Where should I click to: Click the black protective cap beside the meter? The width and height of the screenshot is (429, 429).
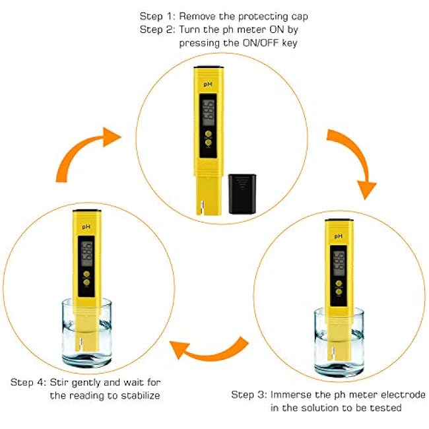(x=242, y=193)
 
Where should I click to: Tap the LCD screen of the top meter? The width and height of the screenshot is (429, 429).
(x=209, y=113)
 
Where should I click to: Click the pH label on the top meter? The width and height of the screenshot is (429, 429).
(x=208, y=84)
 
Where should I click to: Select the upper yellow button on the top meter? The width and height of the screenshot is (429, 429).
(x=209, y=134)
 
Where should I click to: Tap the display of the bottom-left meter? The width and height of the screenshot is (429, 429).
(x=86, y=254)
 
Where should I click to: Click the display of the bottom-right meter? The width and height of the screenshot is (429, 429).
(x=339, y=263)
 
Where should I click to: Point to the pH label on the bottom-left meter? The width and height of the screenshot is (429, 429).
(x=86, y=227)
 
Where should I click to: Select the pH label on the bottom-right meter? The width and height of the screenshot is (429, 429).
(x=339, y=236)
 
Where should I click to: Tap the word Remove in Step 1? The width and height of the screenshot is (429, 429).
(x=197, y=16)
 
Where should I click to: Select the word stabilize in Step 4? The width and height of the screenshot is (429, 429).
(x=141, y=395)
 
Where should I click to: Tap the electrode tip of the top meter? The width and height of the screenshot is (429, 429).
(x=202, y=208)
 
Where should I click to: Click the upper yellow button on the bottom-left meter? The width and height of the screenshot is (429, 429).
(x=86, y=274)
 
